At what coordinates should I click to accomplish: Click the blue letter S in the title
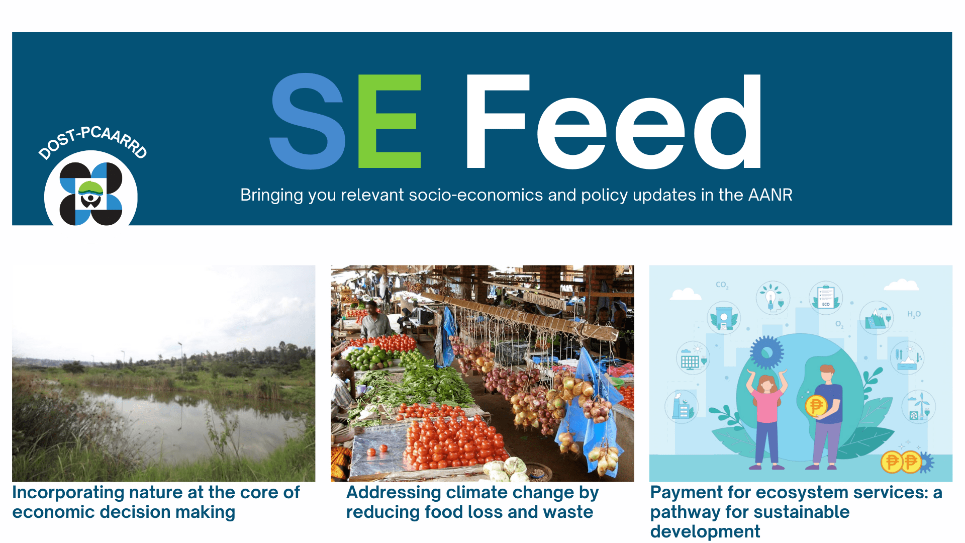pos(308,121)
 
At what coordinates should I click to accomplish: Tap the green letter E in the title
pos(390,121)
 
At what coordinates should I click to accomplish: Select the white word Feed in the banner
pos(614,121)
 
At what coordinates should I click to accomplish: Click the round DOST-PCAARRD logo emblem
pos(91,194)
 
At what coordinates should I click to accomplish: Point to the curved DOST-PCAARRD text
pos(93,141)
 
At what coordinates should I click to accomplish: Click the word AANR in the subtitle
pos(770,195)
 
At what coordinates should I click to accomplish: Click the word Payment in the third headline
pos(686,492)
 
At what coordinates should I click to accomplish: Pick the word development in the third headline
pos(705,532)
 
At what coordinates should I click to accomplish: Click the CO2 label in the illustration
pos(722,285)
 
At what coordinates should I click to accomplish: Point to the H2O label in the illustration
pos(914,315)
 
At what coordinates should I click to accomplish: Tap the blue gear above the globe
pos(767,352)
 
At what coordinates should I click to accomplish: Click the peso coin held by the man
pos(816,405)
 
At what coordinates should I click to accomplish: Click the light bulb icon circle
pos(773,298)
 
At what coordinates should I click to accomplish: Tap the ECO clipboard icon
pos(826,297)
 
